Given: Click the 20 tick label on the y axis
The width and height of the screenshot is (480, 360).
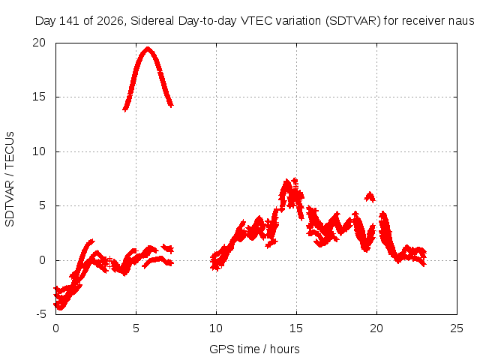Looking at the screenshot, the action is pyautogui.click(x=39, y=43).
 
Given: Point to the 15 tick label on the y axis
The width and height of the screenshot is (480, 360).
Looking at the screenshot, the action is pyautogui.click(x=39, y=97).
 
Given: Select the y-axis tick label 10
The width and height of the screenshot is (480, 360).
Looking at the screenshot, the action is pyautogui.click(x=39, y=151).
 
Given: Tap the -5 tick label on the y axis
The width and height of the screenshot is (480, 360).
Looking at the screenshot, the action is pyautogui.click(x=40, y=314).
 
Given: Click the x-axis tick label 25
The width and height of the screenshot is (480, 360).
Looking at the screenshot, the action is pyautogui.click(x=457, y=328).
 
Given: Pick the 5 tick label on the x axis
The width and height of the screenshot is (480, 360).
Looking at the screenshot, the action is pyautogui.click(x=136, y=328).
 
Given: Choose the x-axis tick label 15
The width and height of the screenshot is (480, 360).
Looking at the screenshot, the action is pyautogui.click(x=296, y=328).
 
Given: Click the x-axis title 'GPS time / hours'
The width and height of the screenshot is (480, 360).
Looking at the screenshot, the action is pyautogui.click(x=254, y=349).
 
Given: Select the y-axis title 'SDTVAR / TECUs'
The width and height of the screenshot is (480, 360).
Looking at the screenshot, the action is pyautogui.click(x=10, y=179).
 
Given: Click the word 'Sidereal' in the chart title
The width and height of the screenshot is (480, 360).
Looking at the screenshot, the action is pyautogui.click(x=152, y=21).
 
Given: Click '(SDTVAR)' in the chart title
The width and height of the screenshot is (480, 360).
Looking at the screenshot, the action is pyautogui.click(x=353, y=21).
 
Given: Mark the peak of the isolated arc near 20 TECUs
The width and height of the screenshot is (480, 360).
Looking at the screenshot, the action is pyautogui.click(x=148, y=49).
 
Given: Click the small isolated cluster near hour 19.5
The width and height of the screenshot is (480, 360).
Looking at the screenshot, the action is pyautogui.click(x=370, y=196).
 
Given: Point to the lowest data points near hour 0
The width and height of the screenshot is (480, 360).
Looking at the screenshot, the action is pyautogui.click(x=60, y=307).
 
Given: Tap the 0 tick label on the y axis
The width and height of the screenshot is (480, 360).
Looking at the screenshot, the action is pyautogui.click(x=42, y=260).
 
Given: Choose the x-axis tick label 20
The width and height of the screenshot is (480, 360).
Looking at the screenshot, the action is pyautogui.click(x=376, y=328).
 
